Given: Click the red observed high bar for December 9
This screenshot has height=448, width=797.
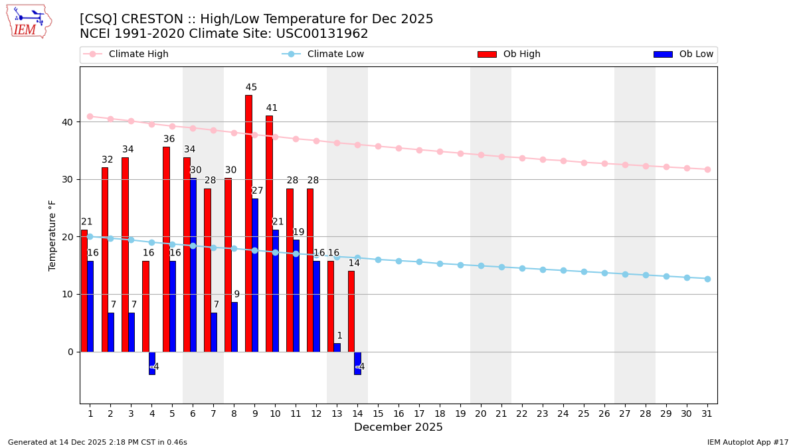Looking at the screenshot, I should tap(248, 223).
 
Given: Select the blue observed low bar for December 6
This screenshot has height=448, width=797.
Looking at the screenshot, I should tap(193, 265).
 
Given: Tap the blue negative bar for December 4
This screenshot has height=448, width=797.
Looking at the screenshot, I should tap(152, 363).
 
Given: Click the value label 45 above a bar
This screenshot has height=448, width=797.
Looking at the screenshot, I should tap(251, 88).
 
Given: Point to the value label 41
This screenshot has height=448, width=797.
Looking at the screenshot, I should tap(272, 108).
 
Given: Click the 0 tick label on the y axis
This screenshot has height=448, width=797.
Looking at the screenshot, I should tap(70, 352).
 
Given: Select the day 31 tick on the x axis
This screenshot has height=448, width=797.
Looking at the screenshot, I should tap(707, 413).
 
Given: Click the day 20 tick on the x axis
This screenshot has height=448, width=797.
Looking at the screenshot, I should tap(481, 413).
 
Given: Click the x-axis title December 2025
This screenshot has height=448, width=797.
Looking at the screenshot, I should tap(398, 427).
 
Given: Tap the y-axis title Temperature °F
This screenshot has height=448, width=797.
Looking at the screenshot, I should tap(52, 235).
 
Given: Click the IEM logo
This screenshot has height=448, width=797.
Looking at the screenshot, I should tap(29, 21).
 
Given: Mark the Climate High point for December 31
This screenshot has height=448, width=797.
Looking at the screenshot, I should tap(707, 169).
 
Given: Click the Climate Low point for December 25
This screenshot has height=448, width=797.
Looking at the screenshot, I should tap(584, 271).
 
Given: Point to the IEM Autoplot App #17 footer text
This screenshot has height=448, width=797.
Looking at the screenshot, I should tap(747, 442).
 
